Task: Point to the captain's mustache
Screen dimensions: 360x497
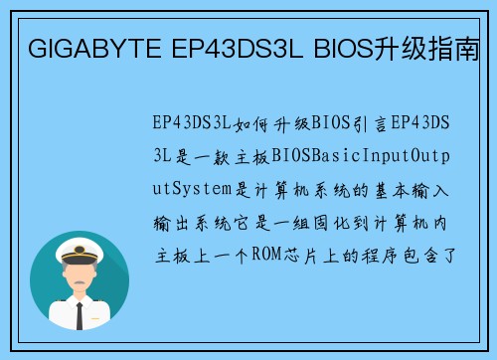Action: click(80, 285)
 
